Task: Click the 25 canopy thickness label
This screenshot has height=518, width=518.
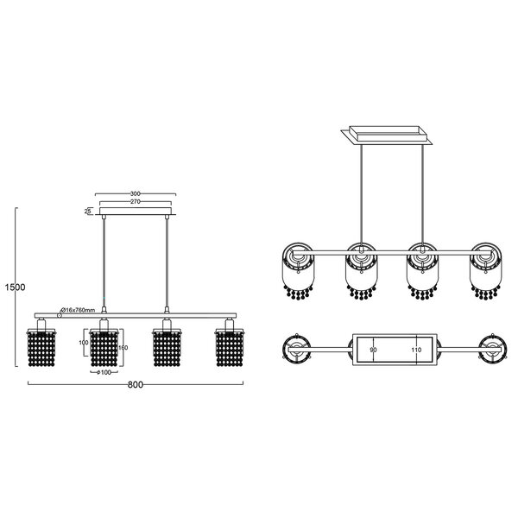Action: coord(88,210)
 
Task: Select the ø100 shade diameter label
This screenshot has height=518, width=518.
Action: coord(104,372)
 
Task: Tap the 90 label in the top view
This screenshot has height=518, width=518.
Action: coord(373,351)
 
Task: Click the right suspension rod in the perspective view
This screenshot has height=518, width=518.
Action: coord(422,194)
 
